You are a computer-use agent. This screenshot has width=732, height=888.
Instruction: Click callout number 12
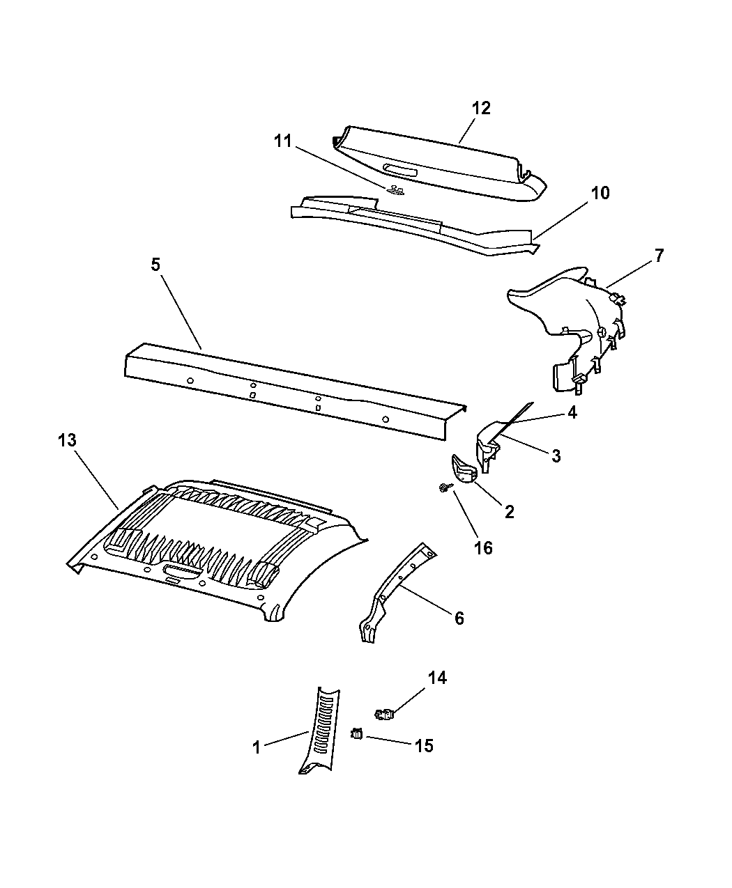[481, 109]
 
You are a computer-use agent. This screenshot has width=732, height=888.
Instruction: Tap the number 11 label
[283, 141]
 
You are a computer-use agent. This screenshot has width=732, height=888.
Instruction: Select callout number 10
[600, 193]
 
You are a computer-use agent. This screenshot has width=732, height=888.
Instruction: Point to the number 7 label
[659, 256]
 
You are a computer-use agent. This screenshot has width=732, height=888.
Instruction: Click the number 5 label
[155, 265]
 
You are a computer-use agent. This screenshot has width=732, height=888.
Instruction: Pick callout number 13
[67, 440]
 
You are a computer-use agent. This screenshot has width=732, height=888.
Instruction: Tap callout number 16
[483, 548]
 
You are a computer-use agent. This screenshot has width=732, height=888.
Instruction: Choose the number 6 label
[459, 618]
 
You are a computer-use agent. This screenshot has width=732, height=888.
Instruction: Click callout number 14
[437, 678]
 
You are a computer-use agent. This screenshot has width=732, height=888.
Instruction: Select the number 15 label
[424, 745]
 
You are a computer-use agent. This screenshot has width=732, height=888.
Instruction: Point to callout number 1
[257, 747]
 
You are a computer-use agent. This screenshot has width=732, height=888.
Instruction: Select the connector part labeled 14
[384, 715]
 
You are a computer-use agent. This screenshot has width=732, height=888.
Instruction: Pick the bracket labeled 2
[464, 469]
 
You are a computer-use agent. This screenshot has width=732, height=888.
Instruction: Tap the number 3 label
[556, 456]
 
